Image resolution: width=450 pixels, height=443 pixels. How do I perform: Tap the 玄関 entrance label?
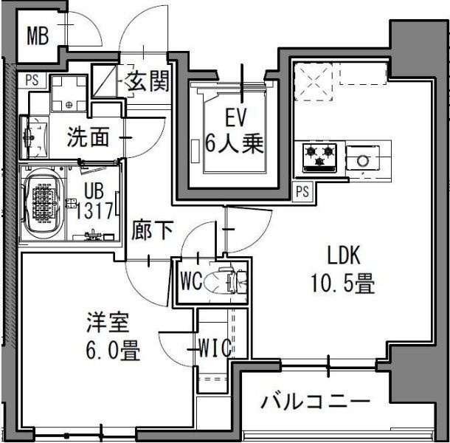click(x=150, y=80)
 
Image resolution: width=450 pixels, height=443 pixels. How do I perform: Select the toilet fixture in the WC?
click(x=224, y=281)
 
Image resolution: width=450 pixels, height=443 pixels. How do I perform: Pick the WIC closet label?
click(x=215, y=347)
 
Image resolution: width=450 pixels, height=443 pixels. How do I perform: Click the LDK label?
click(x=343, y=257)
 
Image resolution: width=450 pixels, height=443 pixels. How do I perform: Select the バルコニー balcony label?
click(x=315, y=403)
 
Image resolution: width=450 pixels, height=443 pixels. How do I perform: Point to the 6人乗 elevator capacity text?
click(x=235, y=144)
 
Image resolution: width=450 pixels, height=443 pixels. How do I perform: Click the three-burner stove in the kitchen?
click(x=320, y=157)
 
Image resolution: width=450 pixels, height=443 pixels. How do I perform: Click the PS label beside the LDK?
click(x=302, y=191)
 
